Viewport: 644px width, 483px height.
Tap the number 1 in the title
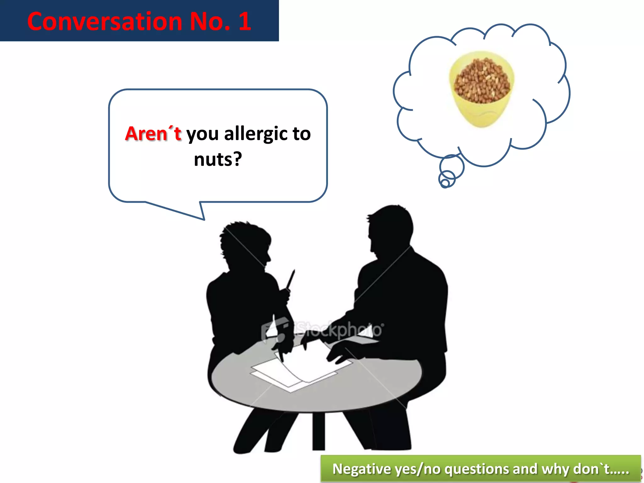tap(245, 21)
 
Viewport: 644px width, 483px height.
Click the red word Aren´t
tap(153, 134)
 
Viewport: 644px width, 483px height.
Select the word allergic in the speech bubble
tap(256, 134)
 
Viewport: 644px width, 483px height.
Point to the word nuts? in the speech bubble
tap(218, 159)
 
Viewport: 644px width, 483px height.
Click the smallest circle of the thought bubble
tap(445, 183)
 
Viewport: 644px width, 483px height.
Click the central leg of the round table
tap(318, 431)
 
